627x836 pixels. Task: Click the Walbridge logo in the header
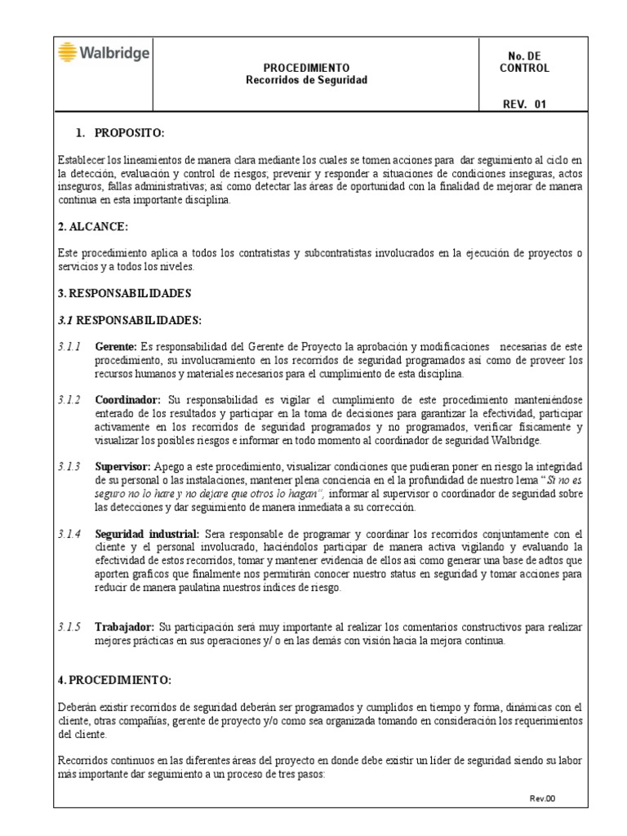pos(103,54)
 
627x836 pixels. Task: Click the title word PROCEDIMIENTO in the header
pos(306,69)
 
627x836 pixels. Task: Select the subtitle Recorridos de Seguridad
pos(306,80)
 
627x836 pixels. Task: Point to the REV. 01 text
pos(525,104)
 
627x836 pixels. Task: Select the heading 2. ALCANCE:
pos(94,225)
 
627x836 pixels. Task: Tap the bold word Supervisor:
pos(122,466)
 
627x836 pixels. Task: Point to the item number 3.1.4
pos(69,533)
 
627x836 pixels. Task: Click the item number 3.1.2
pos(69,400)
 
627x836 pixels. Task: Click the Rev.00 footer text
pos(543,798)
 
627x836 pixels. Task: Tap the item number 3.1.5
pos(69,626)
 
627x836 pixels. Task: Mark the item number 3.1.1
pos(69,347)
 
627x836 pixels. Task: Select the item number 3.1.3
pos(69,466)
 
